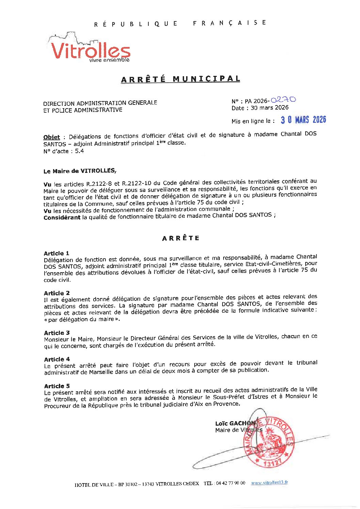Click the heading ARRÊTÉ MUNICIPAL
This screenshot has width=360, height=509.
click(181, 79)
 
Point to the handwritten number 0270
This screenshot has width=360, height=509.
click(283, 100)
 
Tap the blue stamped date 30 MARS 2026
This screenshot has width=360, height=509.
click(303, 120)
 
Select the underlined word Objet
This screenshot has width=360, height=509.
click(51, 137)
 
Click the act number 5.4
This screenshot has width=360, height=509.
click(79, 151)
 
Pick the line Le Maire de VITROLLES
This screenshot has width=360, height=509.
click(80, 171)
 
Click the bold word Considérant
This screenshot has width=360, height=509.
click(62, 217)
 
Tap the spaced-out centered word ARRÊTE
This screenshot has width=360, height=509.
click(181, 238)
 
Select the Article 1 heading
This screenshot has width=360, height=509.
click(56, 253)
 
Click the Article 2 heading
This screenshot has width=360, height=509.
click(56, 293)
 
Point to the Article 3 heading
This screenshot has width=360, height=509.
click(57, 333)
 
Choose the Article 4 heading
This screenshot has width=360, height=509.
click(57, 359)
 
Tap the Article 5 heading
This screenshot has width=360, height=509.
click(57, 386)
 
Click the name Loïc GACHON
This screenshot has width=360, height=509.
click(235, 423)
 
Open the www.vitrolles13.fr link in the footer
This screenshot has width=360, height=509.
click(269, 482)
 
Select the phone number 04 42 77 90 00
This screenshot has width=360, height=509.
click(230, 483)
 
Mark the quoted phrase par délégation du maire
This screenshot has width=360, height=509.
click(82, 319)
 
